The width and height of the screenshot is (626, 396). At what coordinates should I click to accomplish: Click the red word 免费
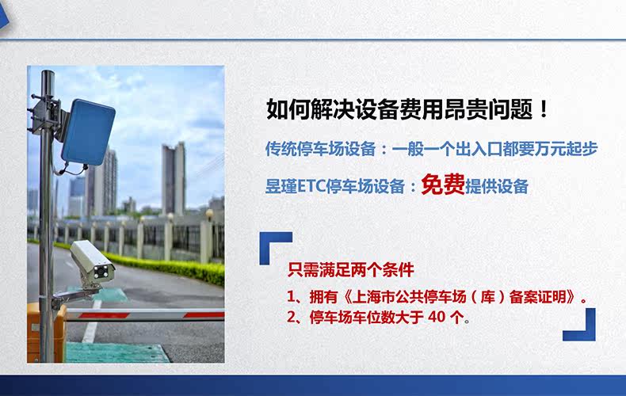tap(443, 185)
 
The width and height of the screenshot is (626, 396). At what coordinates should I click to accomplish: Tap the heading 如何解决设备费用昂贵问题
tap(399, 109)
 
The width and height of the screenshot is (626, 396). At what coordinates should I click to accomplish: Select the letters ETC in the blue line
tap(311, 186)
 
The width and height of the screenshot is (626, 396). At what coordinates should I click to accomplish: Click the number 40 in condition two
tap(437, 317)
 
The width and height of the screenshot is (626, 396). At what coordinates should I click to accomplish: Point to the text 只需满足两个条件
tap(351, 270)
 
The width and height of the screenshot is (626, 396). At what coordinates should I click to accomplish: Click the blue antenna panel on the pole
tap(89, 132)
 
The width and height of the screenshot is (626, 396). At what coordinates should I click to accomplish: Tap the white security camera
tap(93, 262)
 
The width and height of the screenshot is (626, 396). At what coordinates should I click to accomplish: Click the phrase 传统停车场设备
tap(321, 149)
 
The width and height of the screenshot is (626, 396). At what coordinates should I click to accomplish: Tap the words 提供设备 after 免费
tap(497, 186)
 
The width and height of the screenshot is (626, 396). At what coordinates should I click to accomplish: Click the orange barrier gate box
tap(45, 333)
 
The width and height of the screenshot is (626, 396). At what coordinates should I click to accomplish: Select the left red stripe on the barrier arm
tap(104, 315)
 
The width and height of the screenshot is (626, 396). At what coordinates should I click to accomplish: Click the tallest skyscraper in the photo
tap(174, 179)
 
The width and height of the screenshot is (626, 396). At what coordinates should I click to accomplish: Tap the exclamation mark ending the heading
tap(544, 109)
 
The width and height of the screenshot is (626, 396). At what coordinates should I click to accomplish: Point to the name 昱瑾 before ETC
tap(281, 186)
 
